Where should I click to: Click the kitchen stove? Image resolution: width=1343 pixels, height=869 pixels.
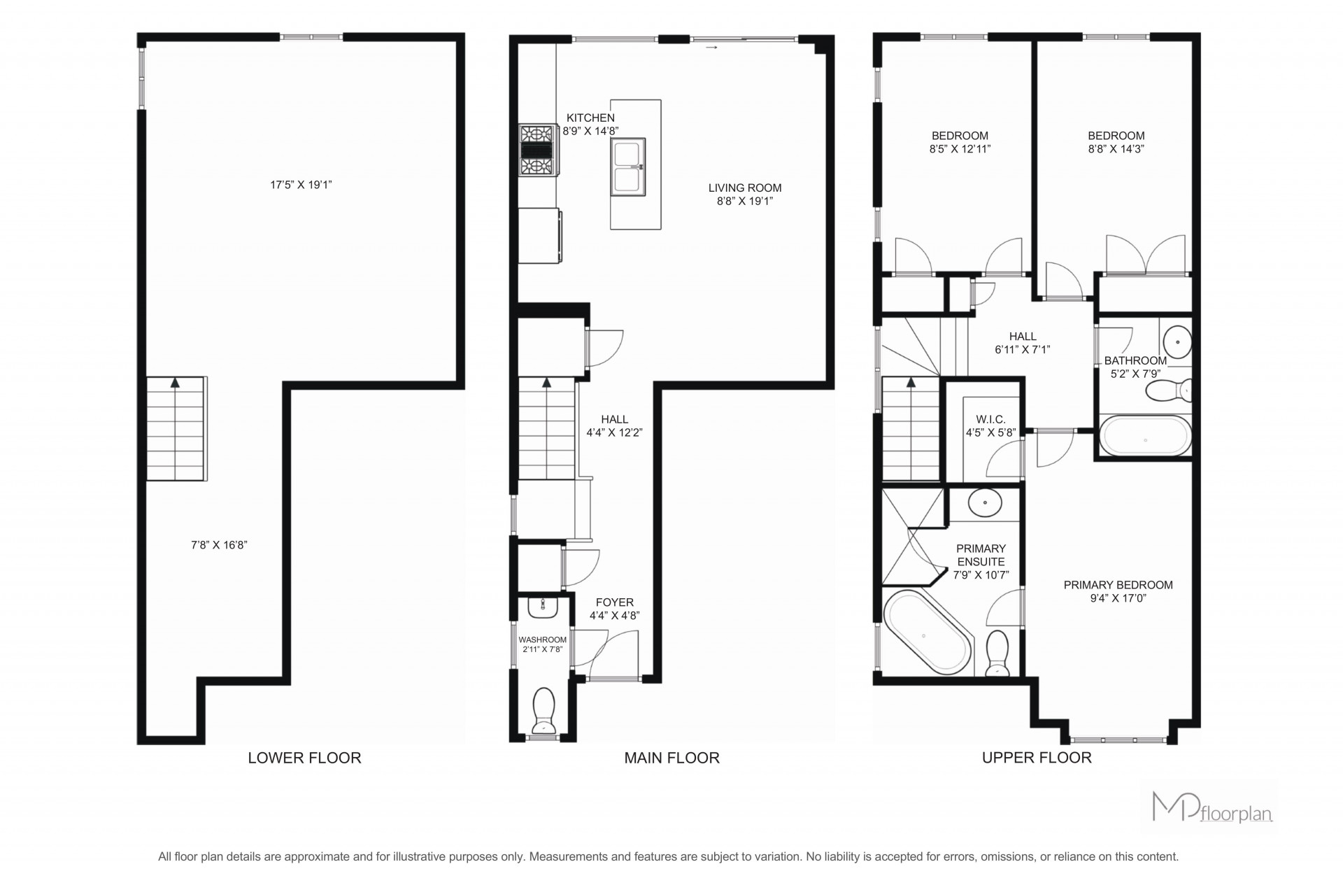tap(537, 150)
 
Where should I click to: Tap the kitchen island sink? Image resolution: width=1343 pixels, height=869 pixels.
tap(627, 167)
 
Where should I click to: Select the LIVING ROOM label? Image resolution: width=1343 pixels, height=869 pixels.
tap(745, 188)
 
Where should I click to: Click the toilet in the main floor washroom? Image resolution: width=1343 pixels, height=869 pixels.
tap(543, 709)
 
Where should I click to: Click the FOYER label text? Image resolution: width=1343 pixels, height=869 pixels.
tap(615, 602)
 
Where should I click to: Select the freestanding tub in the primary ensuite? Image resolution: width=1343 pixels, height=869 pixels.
tap(928, 633)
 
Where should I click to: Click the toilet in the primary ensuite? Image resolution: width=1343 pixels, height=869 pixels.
tap(997, 653)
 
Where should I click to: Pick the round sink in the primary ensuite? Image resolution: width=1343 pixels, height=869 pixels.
tap(985, 502)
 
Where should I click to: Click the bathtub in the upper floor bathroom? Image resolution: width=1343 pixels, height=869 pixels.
tap(1145, 437)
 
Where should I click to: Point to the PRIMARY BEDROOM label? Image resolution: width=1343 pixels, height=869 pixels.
tap(1118, 585)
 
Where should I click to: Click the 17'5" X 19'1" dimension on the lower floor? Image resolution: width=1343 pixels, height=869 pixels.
tap(301, 185)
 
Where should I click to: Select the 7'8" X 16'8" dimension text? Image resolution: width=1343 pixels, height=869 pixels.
tap(220, 544)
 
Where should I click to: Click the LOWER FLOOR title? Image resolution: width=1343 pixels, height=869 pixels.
tap(304, 758)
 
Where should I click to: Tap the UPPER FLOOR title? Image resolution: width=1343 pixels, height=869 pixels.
tap(1037, 758)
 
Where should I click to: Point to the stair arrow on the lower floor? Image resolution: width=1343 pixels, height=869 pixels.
tap(175, 383)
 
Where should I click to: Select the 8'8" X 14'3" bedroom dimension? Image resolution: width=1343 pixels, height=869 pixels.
tap(1116, 149)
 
